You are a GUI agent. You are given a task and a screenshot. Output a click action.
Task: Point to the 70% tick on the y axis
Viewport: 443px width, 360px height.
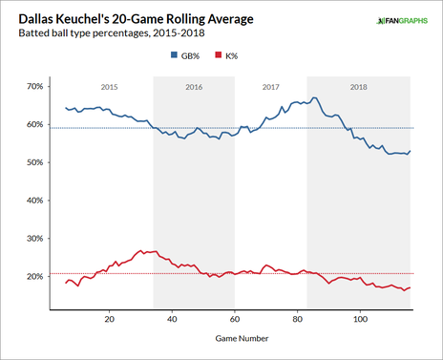[35, 86]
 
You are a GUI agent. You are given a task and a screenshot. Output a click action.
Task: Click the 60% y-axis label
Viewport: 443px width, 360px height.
[35, 124]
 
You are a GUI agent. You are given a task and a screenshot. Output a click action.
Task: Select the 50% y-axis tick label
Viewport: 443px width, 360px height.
[35, 162]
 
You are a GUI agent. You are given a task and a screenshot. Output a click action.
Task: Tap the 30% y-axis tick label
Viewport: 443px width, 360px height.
[35, 238]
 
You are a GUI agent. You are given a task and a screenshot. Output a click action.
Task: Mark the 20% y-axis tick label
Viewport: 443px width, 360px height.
[35, 276]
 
